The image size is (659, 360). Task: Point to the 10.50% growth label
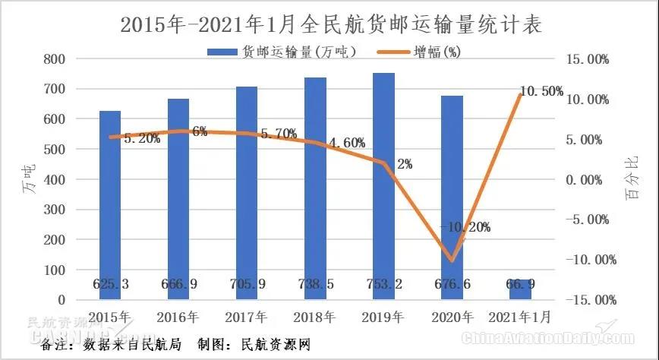tap(541, 91)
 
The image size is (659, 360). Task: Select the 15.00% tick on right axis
tap(587, 59)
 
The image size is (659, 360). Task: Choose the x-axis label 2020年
tap(452, 316)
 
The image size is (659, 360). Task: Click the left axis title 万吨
tap(28, 180)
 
